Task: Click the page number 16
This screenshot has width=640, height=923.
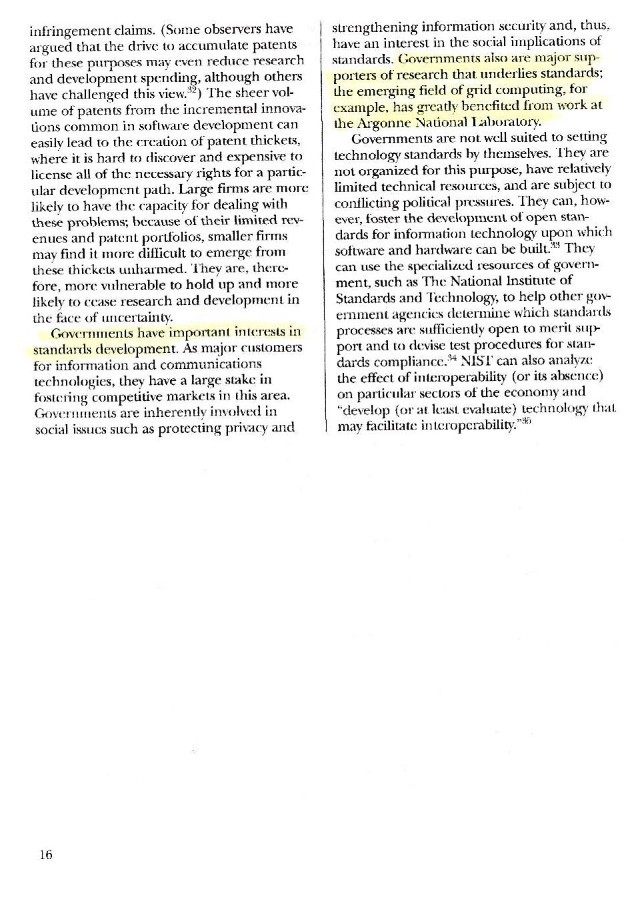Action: click(45, 854)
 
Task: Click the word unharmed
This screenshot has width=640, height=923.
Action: click(155, 269)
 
